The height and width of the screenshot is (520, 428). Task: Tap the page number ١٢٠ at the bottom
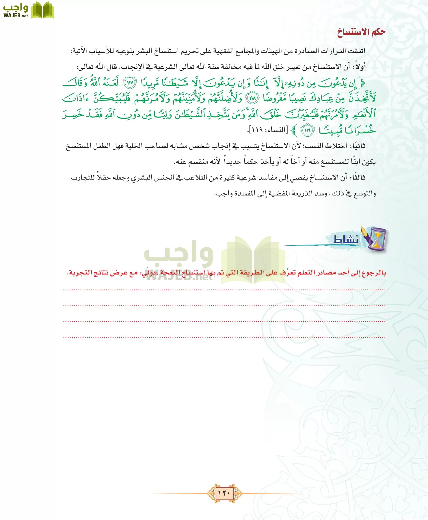224,493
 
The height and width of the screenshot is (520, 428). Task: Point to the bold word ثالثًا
358,178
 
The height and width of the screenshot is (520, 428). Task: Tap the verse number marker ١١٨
252,99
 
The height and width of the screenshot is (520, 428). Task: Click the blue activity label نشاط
346,239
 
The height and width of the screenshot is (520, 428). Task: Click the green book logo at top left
42,10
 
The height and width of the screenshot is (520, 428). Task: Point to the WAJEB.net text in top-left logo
16,16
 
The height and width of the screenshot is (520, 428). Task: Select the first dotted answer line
224,289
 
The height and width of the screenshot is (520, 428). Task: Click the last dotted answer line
224,337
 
